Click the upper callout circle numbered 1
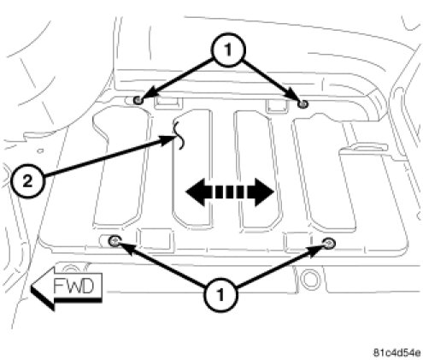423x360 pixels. click(227, 50)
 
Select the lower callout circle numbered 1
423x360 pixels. click(220, 295)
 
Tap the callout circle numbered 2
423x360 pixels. click(27, 181)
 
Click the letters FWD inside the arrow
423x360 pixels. click(73, 286)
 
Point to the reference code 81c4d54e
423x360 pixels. click(397, 353)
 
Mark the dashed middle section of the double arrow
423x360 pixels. click(230, 192)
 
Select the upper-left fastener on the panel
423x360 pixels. click(138, 100)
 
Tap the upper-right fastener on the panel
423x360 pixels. click(303, 104)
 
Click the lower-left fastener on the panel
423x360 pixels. click(115, 241)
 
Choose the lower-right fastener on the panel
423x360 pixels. click(329, 244)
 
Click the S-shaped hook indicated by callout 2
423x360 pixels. click(179, 134)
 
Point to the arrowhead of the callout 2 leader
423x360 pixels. click(168, 139)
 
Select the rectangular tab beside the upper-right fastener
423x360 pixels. click(276, 105)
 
